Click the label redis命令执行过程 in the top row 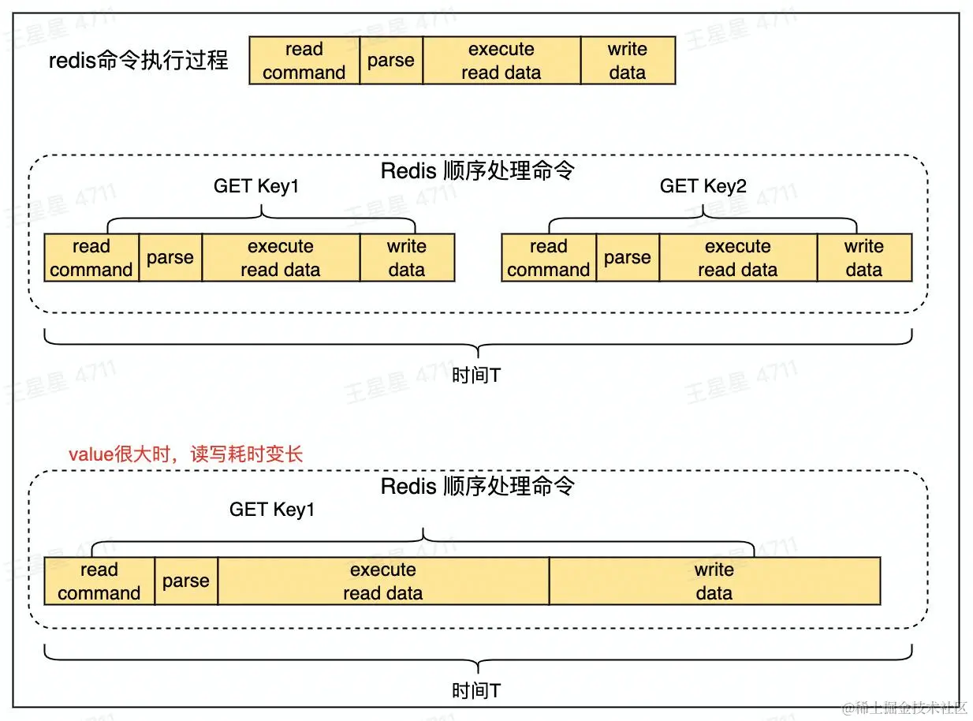click(x=139, y=61)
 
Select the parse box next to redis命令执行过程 click(x=391, y=61)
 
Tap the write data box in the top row click(x=628, y=61)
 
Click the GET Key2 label click(x=703, y=186)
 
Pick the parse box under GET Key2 click(x=628, y=258)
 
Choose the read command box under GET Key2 click(x=549, y=258)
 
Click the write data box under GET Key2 click(x=864, y=258)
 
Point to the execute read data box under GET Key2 click(x=738, y=258)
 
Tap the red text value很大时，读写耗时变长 click(x=186, y=454)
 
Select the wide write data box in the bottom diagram click(x=714, y=581)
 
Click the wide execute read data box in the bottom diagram click(x=383, y=581)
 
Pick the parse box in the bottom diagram click(x=186, y=581)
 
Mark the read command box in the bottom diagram click(x=99, y=581)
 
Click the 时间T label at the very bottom click(x=476, y=691)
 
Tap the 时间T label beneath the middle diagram click(x=476, y=375)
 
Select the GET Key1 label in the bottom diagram click(x=272, y=510)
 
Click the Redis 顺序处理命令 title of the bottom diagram click(x=478, y=486)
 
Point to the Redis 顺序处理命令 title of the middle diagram click(x=478, y=170)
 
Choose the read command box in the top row click(x=304, y=61)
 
